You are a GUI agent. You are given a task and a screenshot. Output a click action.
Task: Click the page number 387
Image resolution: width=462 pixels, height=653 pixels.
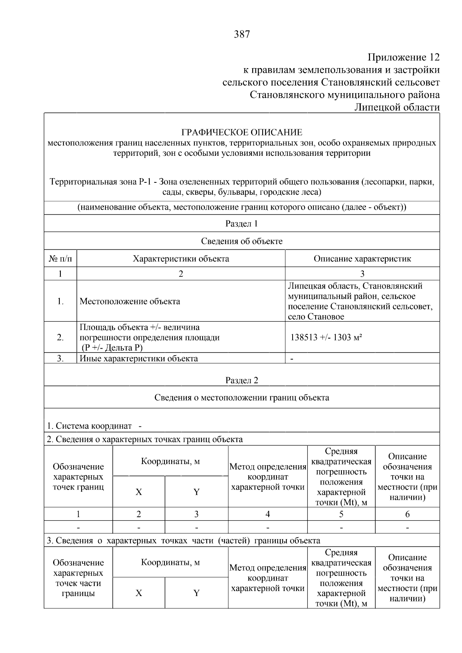coord(242,35)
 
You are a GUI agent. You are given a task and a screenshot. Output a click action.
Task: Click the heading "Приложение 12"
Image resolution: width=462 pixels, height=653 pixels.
coord(403,58)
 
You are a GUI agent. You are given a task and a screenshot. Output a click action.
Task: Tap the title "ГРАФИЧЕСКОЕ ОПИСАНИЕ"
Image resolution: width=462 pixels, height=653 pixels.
coord(242,133)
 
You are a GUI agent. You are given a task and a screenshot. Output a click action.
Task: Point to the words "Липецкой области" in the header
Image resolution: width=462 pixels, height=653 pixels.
coord(397,107)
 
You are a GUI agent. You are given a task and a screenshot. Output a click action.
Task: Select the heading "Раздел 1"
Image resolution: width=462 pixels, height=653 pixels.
coord(241,224)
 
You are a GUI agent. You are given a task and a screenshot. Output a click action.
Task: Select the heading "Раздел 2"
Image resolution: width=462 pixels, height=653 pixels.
coord(241,381)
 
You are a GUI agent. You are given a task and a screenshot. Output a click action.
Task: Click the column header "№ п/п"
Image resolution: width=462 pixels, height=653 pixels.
coord(60,259)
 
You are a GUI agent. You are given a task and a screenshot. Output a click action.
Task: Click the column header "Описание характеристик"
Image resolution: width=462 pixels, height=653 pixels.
coord(362,259)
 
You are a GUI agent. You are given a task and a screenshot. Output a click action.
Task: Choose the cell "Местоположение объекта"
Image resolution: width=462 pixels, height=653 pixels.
coord(130,301)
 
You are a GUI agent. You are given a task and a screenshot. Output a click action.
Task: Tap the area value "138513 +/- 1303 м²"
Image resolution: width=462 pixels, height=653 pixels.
coord(326,337)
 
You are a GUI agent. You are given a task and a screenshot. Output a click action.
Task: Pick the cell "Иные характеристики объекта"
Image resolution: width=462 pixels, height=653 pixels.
coord(139,359)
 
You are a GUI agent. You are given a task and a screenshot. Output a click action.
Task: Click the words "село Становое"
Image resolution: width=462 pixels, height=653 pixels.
coord(316,317)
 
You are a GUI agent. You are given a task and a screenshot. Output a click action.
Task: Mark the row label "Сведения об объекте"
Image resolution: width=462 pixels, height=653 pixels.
coord(241,241)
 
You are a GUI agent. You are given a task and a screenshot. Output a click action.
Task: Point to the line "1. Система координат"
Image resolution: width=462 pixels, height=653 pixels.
coord(89,426)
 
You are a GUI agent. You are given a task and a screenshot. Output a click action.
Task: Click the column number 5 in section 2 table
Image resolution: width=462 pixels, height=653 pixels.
coord(341,514)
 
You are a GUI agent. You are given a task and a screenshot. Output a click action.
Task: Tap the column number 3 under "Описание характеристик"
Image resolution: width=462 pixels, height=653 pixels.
coord(362,274)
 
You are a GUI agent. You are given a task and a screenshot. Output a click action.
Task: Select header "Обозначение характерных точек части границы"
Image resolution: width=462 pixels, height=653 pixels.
coord(78,578)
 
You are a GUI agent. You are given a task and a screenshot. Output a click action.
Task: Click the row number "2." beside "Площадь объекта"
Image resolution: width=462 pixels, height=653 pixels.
coord(60,337)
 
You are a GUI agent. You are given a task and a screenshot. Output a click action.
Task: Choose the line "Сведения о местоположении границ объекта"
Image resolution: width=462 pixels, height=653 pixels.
coord(241,397)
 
